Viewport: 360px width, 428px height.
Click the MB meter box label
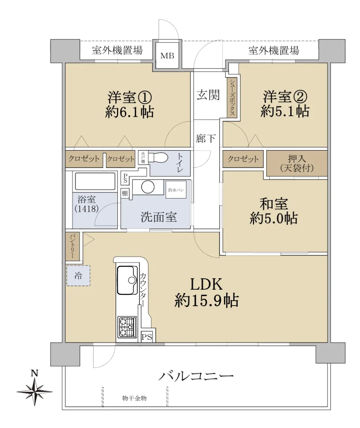pos(167,56)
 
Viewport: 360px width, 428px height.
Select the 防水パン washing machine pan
pos(176,190)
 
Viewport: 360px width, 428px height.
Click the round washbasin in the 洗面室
pos(148,187)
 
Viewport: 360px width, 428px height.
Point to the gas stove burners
pos(127,327)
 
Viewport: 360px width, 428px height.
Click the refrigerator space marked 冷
pos(78,276)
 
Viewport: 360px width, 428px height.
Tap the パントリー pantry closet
pos(72,246)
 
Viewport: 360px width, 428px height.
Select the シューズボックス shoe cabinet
pos(232,97)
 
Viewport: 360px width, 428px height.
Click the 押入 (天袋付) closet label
pos(296,163)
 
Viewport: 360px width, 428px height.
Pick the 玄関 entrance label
pos(208,95)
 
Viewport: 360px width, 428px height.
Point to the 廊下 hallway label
pos(206,138)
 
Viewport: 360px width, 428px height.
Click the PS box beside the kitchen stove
pos(147,337)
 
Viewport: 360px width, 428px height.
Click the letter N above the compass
pos(35,373)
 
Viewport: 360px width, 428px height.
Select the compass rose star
pos(35,392)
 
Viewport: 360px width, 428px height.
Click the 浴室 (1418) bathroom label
pos(86,204)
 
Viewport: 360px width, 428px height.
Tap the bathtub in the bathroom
pos(95,182)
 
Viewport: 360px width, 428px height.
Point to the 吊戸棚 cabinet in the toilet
pos(143,157)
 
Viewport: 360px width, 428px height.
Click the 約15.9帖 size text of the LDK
pos(207,301)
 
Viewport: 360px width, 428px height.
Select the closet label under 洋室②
pos(243,159)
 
